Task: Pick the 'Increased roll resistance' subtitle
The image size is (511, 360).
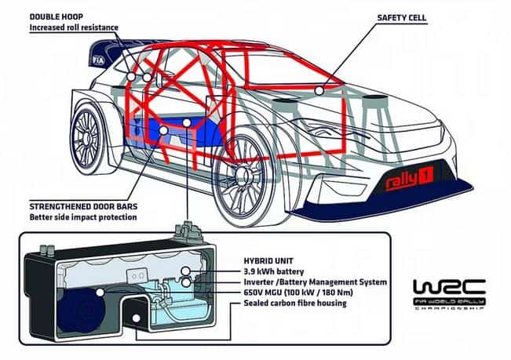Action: [74, 27]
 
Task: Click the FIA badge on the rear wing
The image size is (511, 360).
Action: [119, 58]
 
